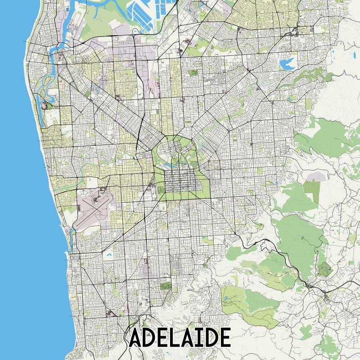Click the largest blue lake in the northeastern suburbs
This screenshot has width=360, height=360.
coord(287,63)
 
